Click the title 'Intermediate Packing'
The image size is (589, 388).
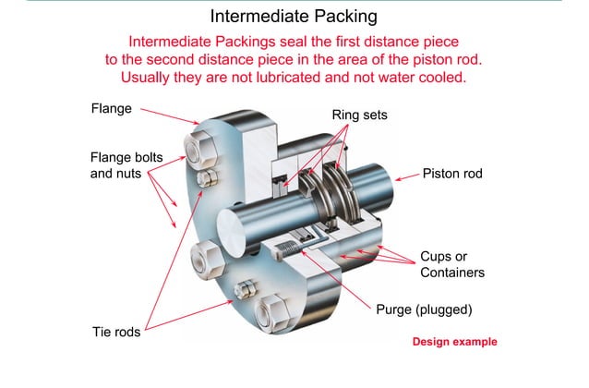tap(294, 17)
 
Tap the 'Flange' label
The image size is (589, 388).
tap(111, 109)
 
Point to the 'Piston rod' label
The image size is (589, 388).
tap(453, 173)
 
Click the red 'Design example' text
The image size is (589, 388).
tap(454, 342)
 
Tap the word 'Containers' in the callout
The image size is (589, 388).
tap(452, 273)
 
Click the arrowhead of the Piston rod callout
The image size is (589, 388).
tap(394, 175)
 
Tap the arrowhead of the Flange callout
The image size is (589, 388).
tap(197, 123)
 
